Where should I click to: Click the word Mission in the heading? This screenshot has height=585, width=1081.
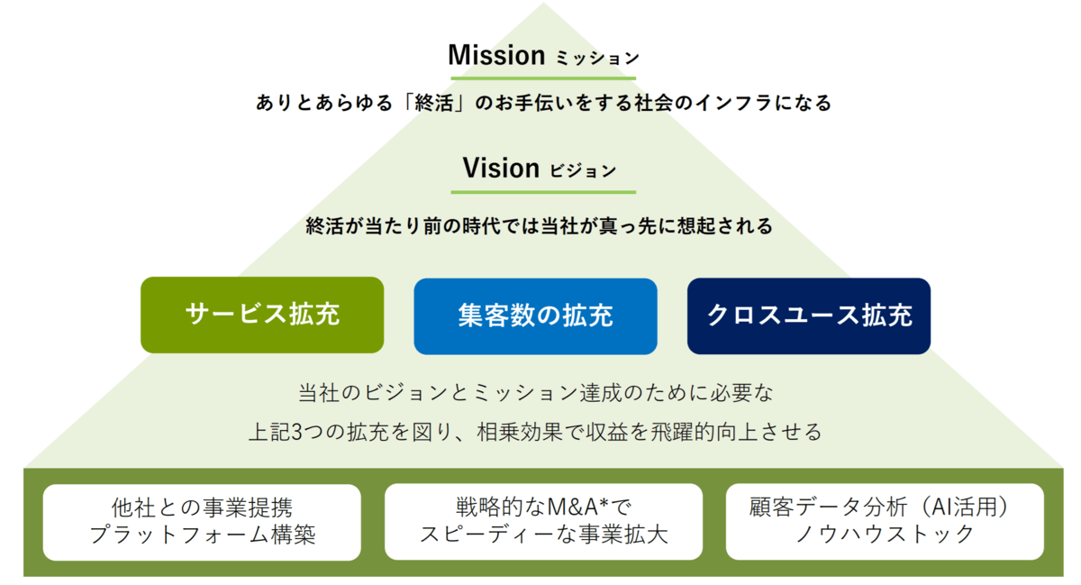pos(496,55)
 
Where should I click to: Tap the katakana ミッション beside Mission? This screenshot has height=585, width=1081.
pos(597,59)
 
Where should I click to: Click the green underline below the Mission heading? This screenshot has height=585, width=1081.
pos(543,78)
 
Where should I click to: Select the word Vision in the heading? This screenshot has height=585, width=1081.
pos(501,169)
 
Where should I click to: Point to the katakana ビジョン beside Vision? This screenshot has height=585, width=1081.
pos(583,170)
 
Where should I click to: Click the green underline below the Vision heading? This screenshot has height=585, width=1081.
pos(543,192)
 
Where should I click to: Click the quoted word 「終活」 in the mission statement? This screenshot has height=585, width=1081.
pos(434,103)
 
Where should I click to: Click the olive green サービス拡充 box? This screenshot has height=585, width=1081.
pos(262,315)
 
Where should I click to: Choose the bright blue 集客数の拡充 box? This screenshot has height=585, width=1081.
pos(535,316)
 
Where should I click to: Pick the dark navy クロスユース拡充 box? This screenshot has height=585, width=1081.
pos(809,315)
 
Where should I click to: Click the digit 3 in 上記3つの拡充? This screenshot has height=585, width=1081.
pos(297,432)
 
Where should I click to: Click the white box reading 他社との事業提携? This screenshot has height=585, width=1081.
pos(202,522)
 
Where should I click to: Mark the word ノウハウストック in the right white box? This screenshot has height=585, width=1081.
pos(885,535)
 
